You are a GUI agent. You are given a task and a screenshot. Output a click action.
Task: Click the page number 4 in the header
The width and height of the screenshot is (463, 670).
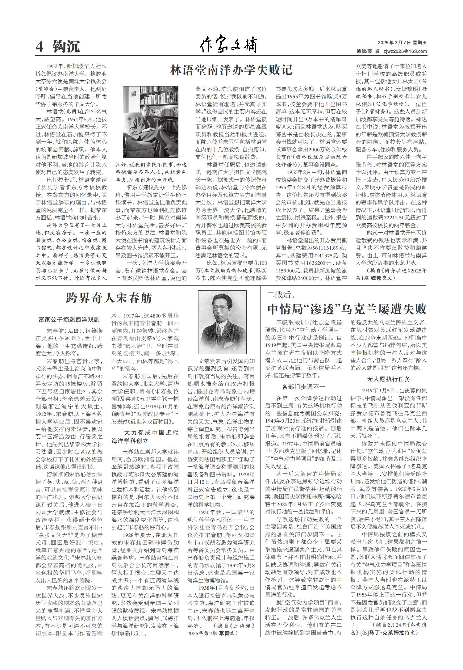tap(40, 47)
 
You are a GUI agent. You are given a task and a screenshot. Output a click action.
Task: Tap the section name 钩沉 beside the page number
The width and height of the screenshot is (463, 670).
tap(66, 47)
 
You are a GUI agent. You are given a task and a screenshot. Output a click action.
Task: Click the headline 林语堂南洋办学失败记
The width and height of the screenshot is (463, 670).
tap(231, 70)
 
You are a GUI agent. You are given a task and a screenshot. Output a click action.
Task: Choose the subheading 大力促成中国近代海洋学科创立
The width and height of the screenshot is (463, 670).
tap(145, 436)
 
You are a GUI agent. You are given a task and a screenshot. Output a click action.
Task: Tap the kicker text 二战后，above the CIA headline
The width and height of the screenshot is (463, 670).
tap(279, 295)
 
